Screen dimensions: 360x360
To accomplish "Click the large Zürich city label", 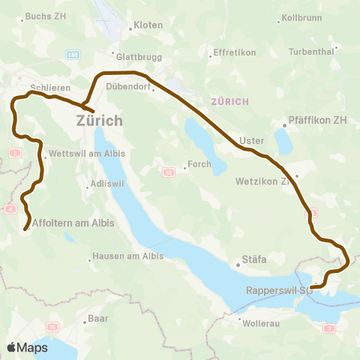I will tap(99, 120).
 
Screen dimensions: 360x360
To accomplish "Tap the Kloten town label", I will tap(147, 25).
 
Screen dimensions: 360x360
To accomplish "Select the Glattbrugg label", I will tap(135, 55).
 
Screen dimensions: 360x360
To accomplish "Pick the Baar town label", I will tap(97, 318).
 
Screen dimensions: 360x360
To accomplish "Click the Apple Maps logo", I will tap(28, 347).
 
